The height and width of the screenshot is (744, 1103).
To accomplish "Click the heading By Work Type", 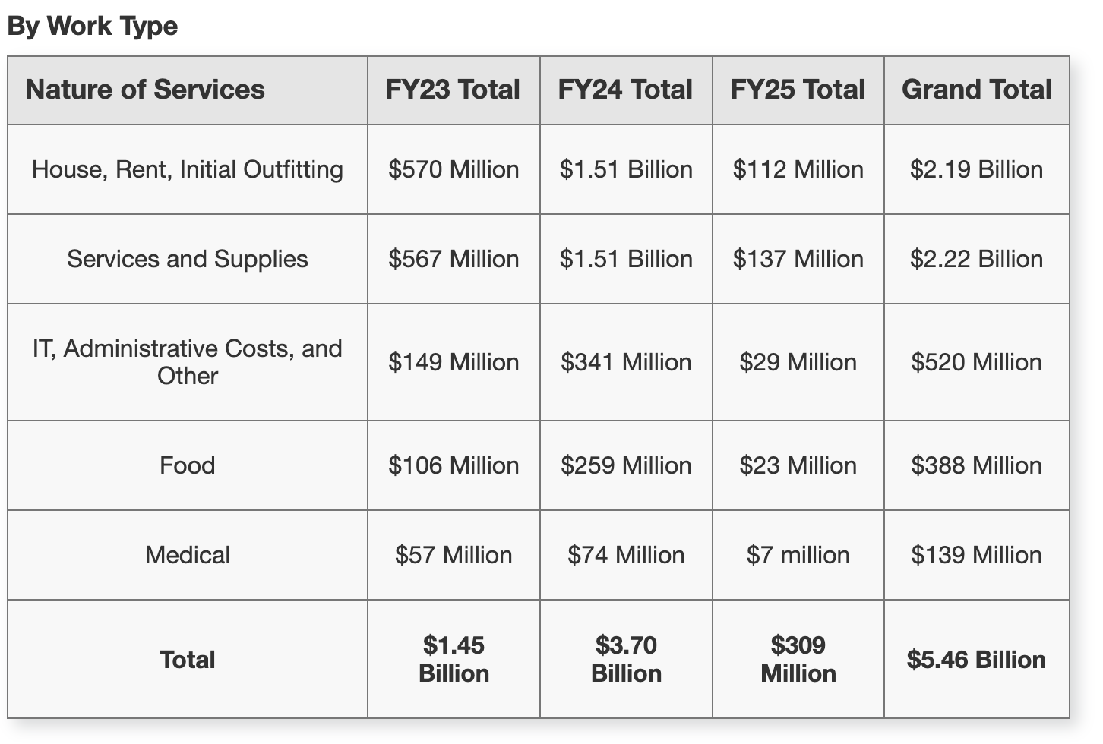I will tap(92, 26).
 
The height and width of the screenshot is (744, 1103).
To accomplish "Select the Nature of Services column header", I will tap(145, 90).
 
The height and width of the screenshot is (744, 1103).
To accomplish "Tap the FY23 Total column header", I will tap(453, 90).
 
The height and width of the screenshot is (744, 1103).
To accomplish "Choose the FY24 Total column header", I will tap(625, 90).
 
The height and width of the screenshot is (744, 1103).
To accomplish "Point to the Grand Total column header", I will tap(976, 90).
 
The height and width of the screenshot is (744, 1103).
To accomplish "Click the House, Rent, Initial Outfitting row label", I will tap(187, 169).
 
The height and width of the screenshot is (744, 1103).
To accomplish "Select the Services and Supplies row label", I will tap(187, 259).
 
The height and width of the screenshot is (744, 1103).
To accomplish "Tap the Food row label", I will tap(187, 465).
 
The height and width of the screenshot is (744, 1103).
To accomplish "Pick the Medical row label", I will tap(187, 555).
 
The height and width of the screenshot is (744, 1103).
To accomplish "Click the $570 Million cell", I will tap(454, 169).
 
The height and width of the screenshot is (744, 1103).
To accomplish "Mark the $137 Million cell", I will tap(798, 259).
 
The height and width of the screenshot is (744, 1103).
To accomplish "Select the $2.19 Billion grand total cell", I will tap(976, 169).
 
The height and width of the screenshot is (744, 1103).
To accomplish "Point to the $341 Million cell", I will tap(626, 362).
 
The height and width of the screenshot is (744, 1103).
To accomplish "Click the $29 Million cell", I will tap(798, 362).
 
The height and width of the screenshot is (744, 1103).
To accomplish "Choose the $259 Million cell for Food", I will tap(626, 465).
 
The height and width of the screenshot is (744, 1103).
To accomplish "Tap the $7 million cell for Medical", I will tap(798, 555).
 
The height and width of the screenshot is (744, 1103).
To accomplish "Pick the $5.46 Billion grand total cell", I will tap(976, 659).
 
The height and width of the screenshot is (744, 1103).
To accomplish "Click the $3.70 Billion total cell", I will tap(626, 659).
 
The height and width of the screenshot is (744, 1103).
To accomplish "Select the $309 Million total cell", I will tap(798, 659).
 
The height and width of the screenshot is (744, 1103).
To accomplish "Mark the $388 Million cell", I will tap(976, 465).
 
